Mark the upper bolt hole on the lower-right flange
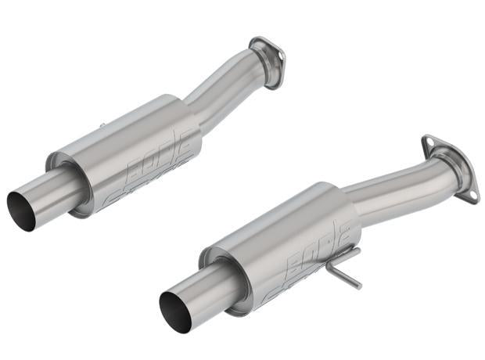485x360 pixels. (x=428, y=143)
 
